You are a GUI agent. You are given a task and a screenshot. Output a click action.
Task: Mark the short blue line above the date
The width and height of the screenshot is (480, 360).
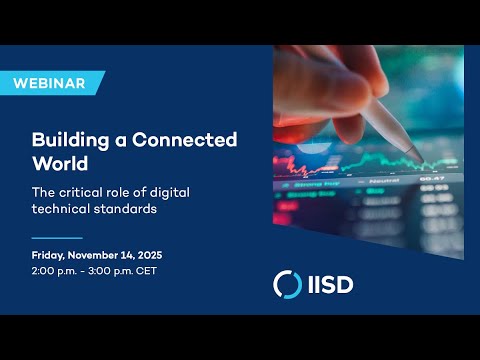[x=57, y=238]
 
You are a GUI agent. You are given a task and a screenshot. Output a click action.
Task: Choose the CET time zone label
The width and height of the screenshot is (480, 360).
[x=148, y=271]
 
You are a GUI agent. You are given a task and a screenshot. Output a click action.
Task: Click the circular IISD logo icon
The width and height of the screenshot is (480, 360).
[x=288, y=284]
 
